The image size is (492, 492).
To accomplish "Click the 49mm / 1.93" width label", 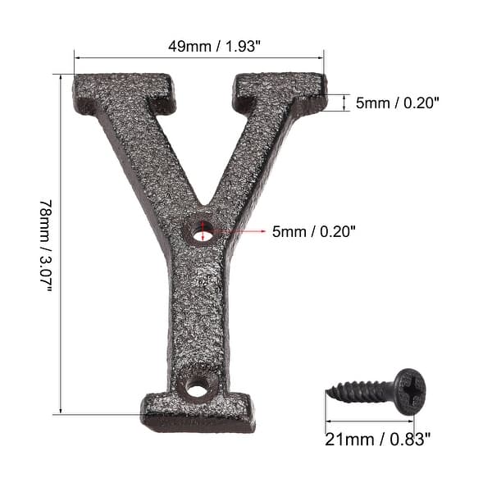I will coord(199,47).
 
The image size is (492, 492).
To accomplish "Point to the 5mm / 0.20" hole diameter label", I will coord(314,232).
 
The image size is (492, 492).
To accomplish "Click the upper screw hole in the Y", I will coord(203,230).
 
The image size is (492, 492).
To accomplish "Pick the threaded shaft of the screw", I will coord(361,392).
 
